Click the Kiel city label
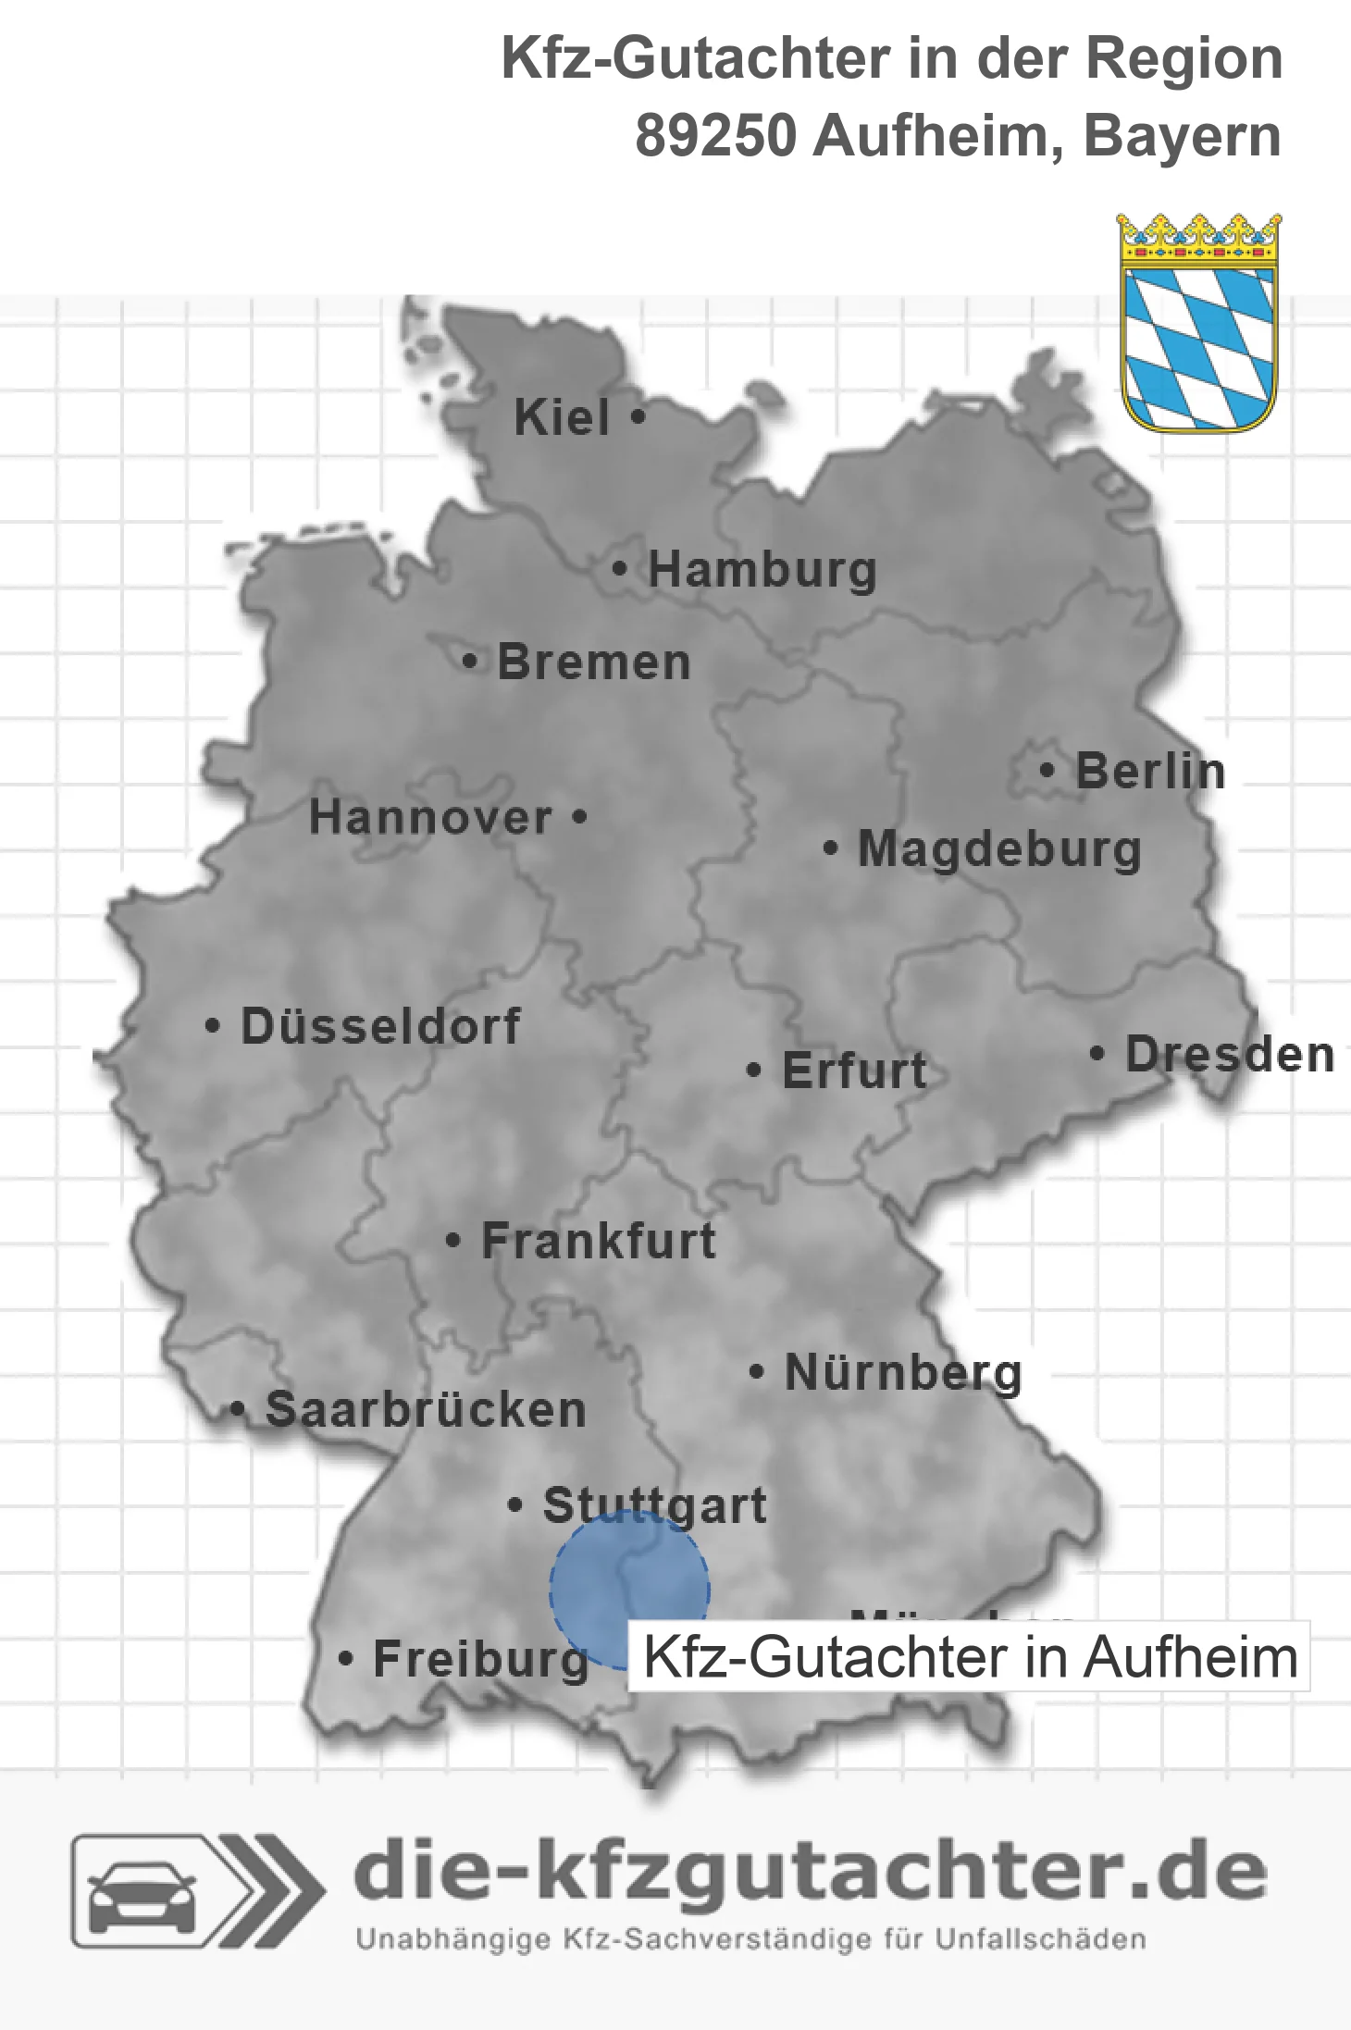[562, 417]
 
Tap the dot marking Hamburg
[620, 568]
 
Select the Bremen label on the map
[594, 662]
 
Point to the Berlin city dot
[1047, 770]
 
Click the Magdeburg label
[999, 849]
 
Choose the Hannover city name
[430, 817]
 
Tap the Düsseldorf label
[380, 1026]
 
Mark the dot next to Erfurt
[754, 1071]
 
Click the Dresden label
[1230, 1054]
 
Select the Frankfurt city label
[599, 1241]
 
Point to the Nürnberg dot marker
[757, 1371]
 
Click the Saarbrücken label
[426, 1410]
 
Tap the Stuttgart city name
[654, 1505]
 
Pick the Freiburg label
[480, 1659]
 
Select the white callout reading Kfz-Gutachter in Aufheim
[969, 1657]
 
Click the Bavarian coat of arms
[1199, 324]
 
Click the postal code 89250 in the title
[715, 136]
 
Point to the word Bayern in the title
[1182, 136]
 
